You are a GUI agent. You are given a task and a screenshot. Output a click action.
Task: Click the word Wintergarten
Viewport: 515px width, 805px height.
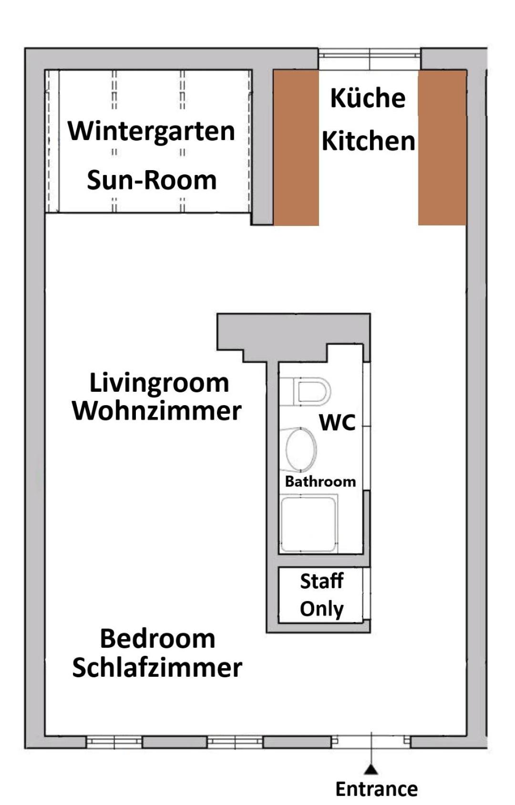coord(152,132)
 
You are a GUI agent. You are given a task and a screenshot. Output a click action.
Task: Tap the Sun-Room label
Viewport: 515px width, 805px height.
coord(152,180)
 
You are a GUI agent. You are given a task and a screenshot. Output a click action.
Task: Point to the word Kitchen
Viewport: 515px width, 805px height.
coord(369,141)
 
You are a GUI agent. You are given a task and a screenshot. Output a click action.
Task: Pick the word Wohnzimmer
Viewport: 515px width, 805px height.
coord(157,411)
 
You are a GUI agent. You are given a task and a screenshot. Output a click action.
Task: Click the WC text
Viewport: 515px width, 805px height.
coord(337,422)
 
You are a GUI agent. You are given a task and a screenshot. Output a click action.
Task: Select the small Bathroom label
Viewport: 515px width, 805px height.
coord(320,481)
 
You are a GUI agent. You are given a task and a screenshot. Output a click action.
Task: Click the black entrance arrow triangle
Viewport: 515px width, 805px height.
coord(371,769)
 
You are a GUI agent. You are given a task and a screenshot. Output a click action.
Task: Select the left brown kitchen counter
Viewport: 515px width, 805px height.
coord(296,148)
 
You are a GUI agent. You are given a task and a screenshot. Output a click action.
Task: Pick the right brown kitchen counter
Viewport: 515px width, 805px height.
coord(442,148)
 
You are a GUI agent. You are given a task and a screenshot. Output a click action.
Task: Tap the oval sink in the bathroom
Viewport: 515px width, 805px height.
coord(301,449)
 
